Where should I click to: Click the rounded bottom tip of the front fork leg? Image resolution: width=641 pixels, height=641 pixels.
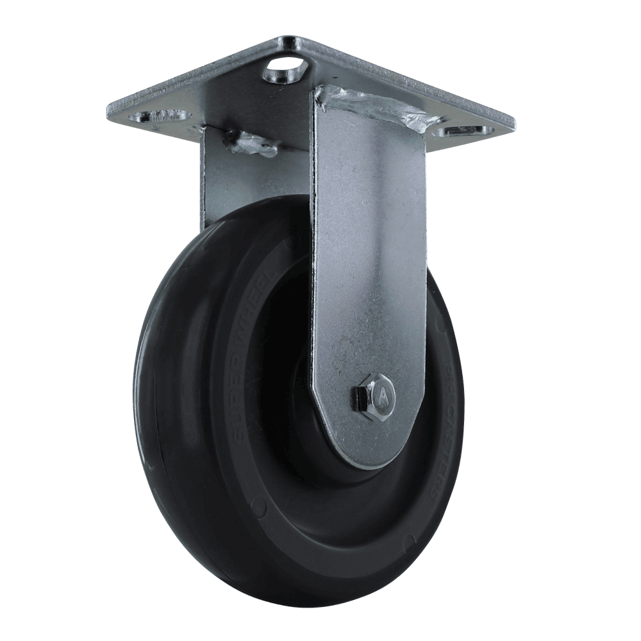[x=365, y=458]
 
